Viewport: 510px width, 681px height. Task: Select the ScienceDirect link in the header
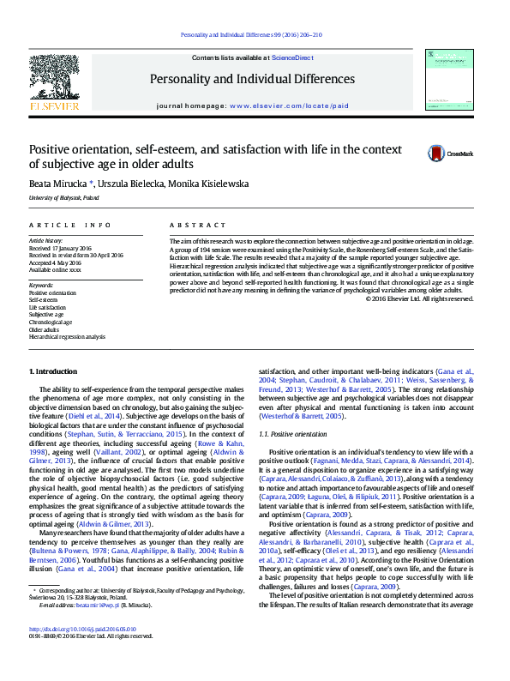point(292,57)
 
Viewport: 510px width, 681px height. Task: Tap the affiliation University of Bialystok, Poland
point(63,197)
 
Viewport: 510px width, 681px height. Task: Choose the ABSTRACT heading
point(192,224)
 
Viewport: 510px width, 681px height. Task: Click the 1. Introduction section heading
point(53,371)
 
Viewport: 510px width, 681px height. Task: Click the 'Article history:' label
point(46,242)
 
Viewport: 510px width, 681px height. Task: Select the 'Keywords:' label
point(41,285)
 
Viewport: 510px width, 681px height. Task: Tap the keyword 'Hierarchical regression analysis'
point(68,336)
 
